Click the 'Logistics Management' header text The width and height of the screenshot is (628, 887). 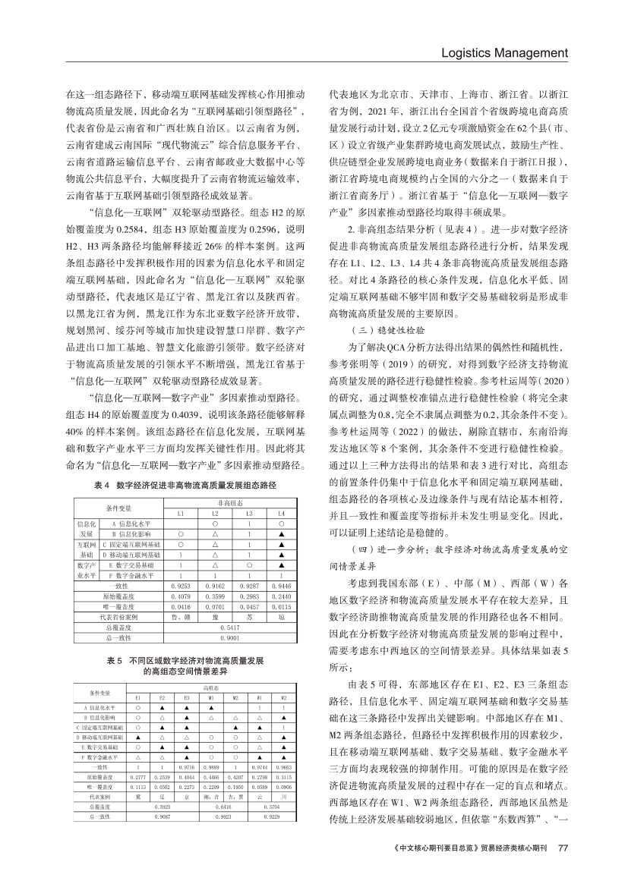[504, 52]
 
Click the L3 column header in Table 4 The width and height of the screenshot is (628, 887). [248, 514]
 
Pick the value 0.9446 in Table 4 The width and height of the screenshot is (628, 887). [282, 587]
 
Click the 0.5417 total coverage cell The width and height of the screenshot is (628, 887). [231, 628]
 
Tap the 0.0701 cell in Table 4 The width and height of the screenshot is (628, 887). [214, 608]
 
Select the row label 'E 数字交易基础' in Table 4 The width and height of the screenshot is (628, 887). [132, 565]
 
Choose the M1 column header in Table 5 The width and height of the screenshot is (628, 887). [210, 698]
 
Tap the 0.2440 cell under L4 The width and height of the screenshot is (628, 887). [282, 597]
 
